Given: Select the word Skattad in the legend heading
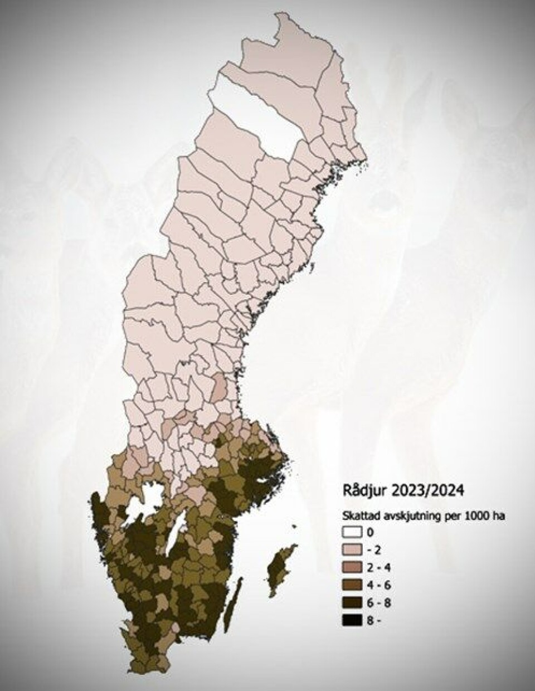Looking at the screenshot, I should click(358, 516).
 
